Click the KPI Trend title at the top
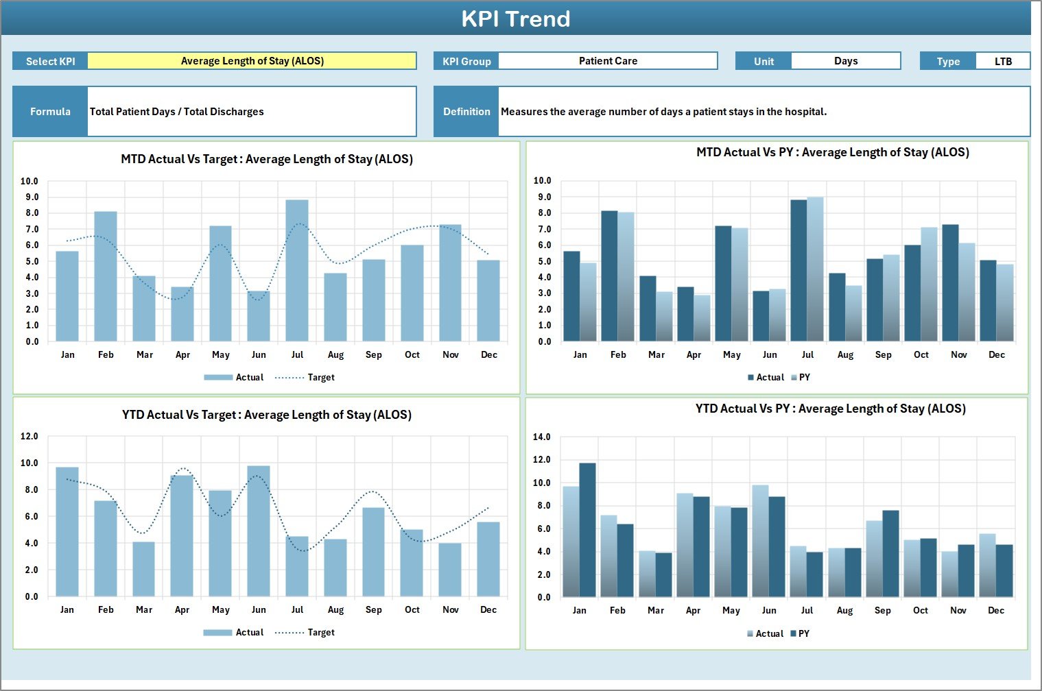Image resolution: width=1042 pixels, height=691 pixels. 515,19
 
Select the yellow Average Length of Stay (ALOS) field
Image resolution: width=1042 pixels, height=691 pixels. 252,61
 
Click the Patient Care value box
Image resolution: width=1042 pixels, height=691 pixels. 608,61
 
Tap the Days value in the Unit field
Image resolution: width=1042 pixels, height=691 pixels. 845,61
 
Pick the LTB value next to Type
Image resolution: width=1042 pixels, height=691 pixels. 1003,61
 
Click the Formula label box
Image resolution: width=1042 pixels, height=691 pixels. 50,112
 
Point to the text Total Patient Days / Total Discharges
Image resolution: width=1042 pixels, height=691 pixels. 177,112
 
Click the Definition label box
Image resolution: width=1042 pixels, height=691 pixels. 466,112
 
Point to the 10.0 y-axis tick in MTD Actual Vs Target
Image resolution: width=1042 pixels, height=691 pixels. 29,182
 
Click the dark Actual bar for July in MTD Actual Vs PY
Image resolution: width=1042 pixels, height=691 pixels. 798,271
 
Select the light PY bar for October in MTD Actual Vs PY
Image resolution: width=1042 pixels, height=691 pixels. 929,284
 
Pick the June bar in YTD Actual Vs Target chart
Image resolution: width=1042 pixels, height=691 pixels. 259,531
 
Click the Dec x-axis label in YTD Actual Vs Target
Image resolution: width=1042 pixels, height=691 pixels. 488,609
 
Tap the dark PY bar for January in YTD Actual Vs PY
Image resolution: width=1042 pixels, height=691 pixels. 587,531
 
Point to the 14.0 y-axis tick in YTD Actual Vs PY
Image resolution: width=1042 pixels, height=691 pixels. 542,437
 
